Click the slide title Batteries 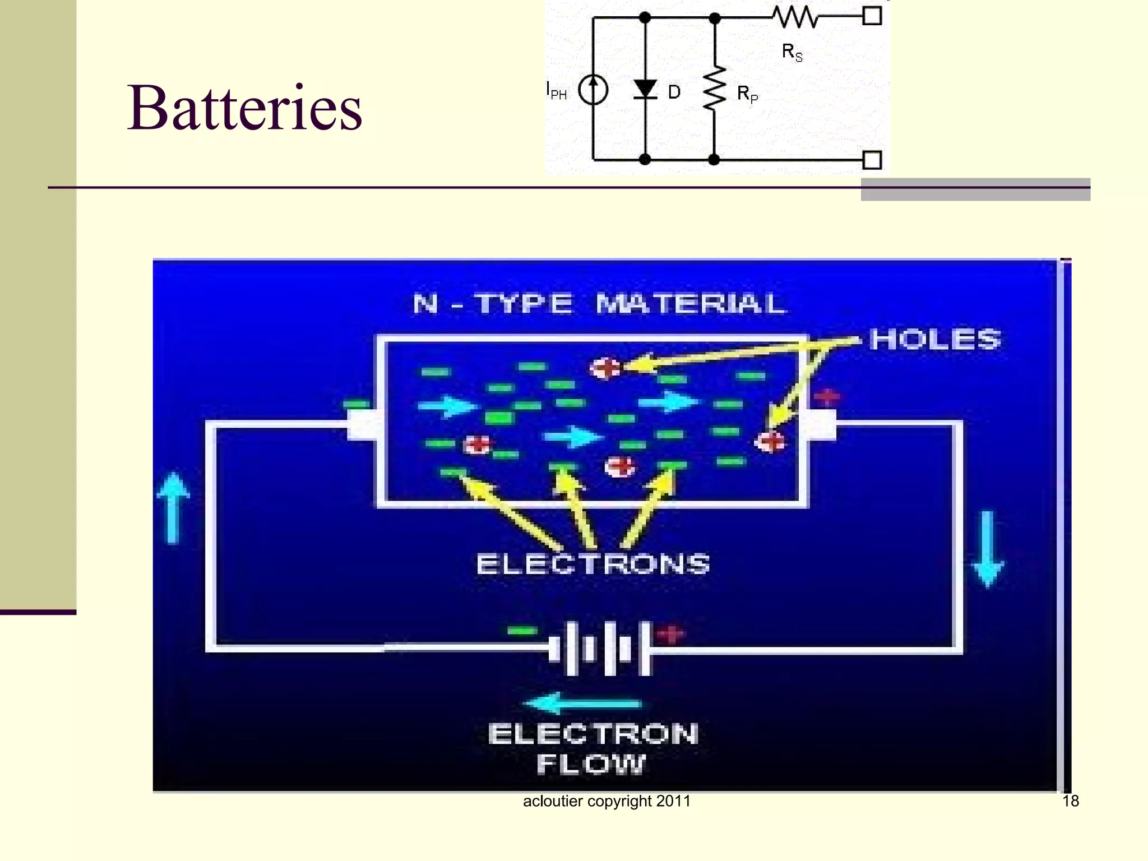tap(244, 108)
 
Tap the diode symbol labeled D tap(645, 90)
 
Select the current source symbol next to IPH tap(593, 90)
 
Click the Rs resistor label tap(792, 53)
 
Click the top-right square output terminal tap(872, 16)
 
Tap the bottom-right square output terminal tap(872, 160)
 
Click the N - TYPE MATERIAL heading tap(599, 304)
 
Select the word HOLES tap(935, 339)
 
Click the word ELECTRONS tap(593, 564)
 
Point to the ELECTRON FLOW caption tap(592, 748)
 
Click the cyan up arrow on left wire tap(173, 507)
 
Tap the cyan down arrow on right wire tap(988, 549)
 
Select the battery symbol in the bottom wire tap(600, 649)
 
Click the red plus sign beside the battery tap(670, 634)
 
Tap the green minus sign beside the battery tap(522, 631)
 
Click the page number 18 tap(1070, 801)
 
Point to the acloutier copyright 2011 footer tap(607, 801)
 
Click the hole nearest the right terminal tap(771, 442)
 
